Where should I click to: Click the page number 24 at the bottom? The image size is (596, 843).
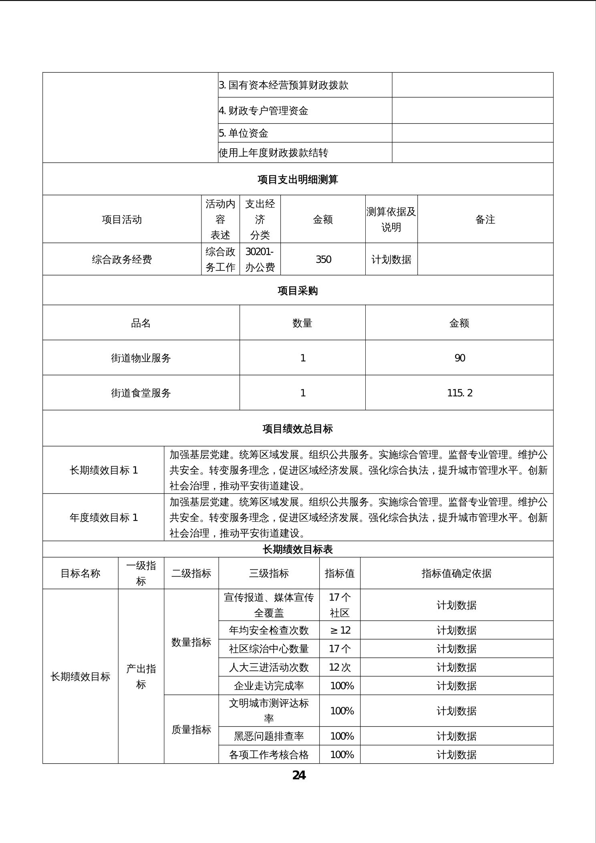[299, 775]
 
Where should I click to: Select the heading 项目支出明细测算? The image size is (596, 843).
[298, 179]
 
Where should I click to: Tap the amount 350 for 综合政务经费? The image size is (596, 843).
[323, 259]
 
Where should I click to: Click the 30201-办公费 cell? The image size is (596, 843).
[260, 259]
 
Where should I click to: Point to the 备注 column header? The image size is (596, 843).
[485, 219]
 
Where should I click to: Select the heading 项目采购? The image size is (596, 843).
[298, 290]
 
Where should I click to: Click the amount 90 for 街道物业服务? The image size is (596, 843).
[459, 358]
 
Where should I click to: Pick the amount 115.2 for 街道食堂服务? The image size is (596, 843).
[459, 393]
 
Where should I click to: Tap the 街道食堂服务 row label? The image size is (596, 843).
[141, 393]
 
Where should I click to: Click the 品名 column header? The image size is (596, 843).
[141, 323]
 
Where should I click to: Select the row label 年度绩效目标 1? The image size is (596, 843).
[103, 517]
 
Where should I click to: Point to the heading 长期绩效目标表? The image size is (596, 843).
[298, 549]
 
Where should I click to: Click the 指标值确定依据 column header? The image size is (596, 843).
[456, 573]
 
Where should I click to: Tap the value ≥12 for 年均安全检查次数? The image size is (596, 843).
[340, 630]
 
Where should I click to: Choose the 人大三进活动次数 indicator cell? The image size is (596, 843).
[269, 667]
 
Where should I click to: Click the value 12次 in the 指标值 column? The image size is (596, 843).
[340, 667]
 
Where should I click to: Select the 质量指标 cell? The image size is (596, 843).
[191, 730]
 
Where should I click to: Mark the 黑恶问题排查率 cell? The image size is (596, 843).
[269, 736]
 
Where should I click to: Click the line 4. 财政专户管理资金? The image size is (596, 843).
[264, 111]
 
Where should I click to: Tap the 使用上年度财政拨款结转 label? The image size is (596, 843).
[273, 153]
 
